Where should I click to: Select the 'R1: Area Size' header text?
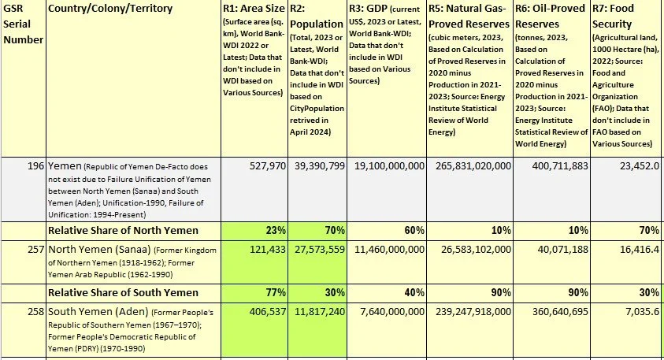point(252,9)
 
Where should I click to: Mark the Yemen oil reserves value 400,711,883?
point(554,167)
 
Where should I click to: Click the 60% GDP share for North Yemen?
point(413,230)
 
